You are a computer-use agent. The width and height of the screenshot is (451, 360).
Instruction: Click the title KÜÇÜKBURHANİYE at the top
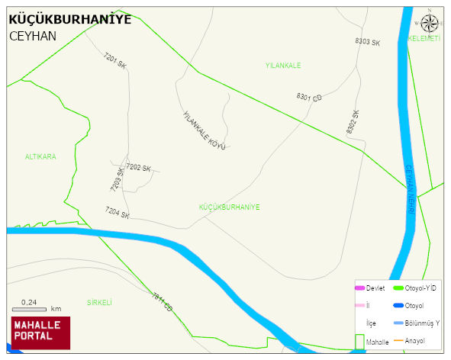[x=69, y=19]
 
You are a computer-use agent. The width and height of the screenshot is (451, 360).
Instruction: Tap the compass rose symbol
[x=430, y=24]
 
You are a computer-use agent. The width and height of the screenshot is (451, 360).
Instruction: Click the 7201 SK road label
[x=115, y=62]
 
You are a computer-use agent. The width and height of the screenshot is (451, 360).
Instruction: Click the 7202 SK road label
[x=138, y=167]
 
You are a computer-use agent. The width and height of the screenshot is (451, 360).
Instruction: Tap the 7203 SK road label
[x=116, y=179]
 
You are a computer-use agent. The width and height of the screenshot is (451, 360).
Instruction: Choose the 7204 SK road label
[x=118, y=213]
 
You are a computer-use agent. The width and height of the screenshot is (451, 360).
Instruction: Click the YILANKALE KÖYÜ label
[x=204, y=130]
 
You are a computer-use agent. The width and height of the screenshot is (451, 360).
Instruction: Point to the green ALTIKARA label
[x=40, y=156]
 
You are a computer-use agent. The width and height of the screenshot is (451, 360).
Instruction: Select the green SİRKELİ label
[x=99, y=302]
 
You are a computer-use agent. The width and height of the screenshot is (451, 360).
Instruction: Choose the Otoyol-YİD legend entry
[x=416, y=288]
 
